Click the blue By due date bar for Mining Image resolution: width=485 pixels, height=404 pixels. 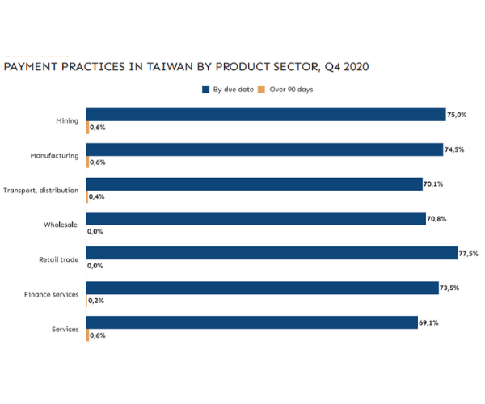coord(265,115)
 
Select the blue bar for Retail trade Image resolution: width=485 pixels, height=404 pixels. coord(272,254)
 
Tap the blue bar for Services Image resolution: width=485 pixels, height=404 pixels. coord(251,323)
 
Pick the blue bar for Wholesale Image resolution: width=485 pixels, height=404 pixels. coord(255,219)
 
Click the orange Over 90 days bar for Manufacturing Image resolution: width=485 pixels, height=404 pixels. coord(87,162)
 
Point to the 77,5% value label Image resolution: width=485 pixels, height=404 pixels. coord(469,254)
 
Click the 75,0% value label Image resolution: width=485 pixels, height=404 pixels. coord(458,115)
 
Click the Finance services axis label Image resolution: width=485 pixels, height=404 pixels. coord(51,294)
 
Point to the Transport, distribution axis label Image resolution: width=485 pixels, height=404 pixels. coord(40,190)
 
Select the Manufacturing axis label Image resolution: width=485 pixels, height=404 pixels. coord(54,155)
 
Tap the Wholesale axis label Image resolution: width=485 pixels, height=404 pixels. coord(61,225)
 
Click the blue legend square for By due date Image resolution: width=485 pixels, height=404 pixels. coord(206,90)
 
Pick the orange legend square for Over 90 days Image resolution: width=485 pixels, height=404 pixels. coord(261,90)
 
